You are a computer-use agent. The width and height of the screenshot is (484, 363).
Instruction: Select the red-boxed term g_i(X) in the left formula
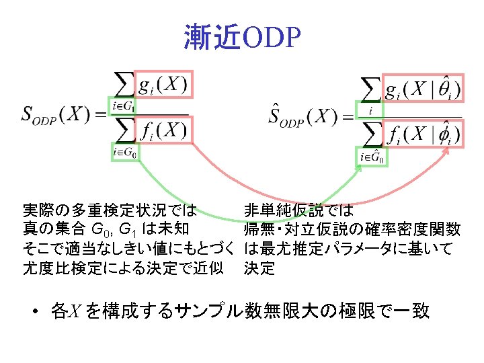pos(163,85)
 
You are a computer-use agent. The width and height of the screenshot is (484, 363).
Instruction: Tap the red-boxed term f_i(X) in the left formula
pos(163,130)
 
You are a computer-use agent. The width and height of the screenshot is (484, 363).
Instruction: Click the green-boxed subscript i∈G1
pos(124,106)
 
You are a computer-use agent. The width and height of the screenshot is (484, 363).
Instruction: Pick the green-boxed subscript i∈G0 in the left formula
pos(126,153)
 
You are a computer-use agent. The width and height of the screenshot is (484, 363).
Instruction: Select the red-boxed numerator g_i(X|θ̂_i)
pos(421,88)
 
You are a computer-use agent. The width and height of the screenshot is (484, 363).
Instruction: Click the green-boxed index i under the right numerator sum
pos(369,110)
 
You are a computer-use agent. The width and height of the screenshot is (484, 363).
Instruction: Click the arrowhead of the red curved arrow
pos(448,152)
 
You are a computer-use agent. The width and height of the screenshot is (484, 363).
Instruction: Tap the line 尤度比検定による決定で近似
pos(123,268)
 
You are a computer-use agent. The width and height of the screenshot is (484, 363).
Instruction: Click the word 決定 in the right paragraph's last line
pos(259,268)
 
